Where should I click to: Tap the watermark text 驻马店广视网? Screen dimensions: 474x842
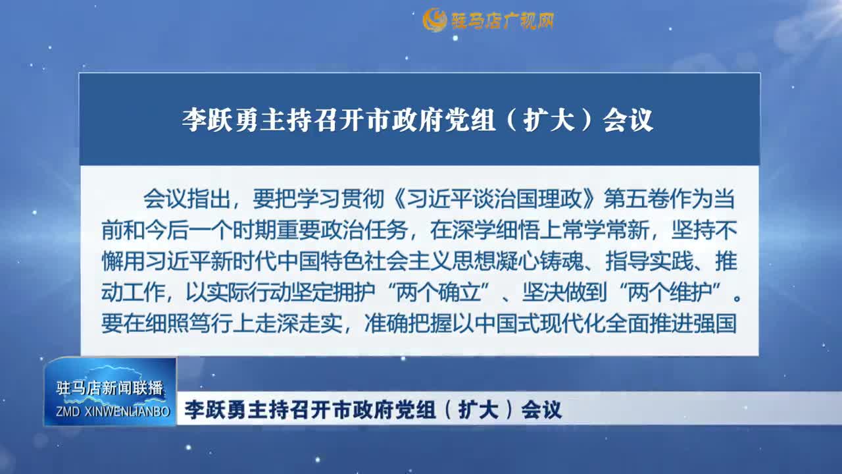[x=502, y=21]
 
